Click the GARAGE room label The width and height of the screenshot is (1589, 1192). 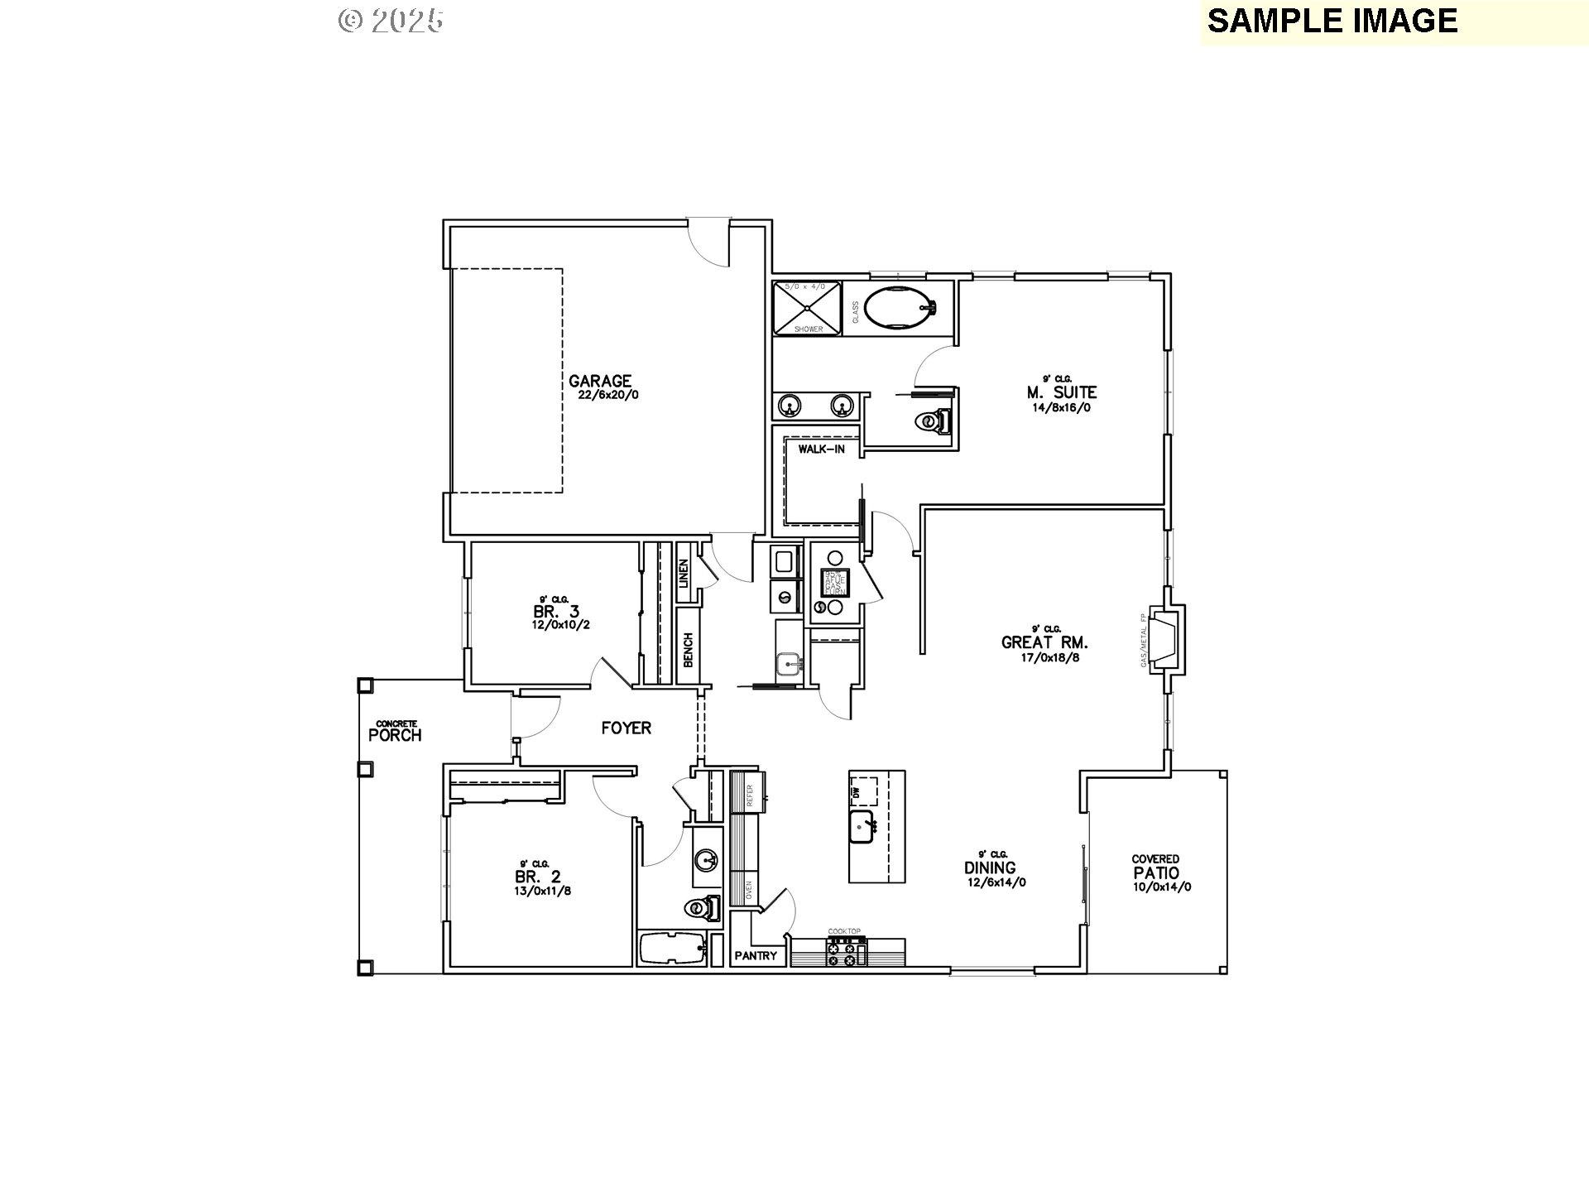600,382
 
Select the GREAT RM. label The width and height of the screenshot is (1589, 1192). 1044,642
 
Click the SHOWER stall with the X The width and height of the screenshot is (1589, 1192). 807,308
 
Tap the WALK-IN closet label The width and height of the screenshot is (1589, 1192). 821,449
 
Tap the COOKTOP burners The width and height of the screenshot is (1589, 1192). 844,952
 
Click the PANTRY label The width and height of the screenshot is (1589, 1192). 756,956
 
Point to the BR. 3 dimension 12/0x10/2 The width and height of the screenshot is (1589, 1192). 560,625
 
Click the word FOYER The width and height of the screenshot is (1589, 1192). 626,728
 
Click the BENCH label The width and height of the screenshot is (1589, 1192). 688,650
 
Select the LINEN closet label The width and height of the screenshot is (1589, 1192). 684,574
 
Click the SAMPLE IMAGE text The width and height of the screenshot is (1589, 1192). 1332,21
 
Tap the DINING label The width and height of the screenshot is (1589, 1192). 990,868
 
